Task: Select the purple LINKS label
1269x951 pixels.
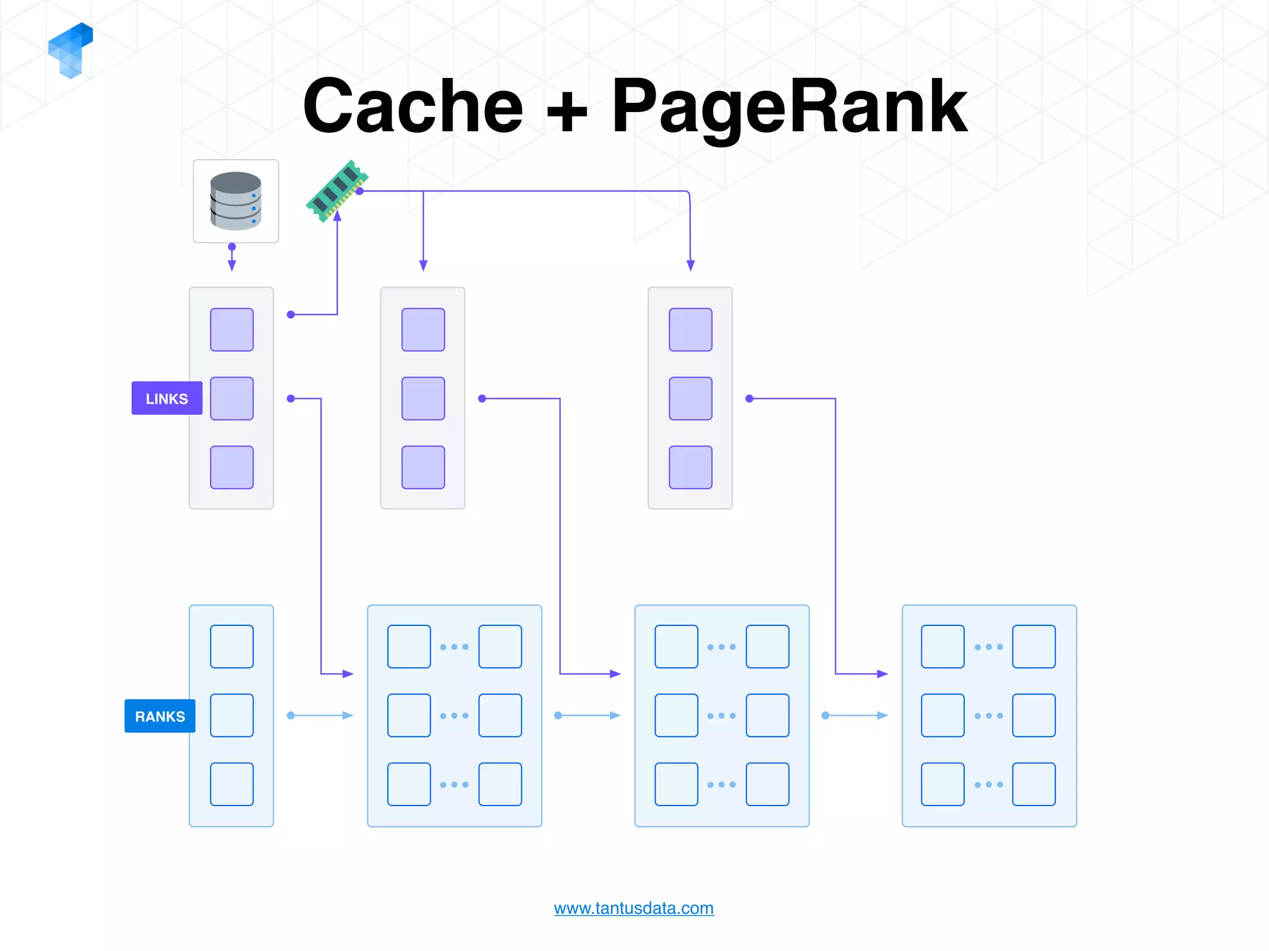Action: pyautogui.click(x=167, y=398)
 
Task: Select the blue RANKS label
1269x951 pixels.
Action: pyautogui.click(x=160, y=716)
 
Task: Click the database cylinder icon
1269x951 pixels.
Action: pyautogui.click(x=235, y=201)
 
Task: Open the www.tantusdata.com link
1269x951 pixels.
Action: pyautogui.click(x=633, y=908)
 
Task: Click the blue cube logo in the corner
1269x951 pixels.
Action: pyautogui.click(x=71, y=50)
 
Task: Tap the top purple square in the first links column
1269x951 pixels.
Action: pyautogui.click(x=232, y=329)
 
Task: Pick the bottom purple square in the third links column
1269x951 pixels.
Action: pyautogui.click(x=690, y=467)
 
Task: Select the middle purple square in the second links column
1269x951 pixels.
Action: pyautogui.click(x=423, y=398)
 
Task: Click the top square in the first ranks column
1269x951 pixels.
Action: pyautogui.click(x=232, y=646)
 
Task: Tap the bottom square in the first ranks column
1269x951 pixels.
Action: pyautogui.click(x=232, y=784)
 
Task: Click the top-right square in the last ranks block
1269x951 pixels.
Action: pyautogui.click(x=1034, y=646)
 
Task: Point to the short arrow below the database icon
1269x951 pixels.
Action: pyautogui.click(x=232, y=258)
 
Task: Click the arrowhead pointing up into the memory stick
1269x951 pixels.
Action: pyautogui.click(x=337, y=216)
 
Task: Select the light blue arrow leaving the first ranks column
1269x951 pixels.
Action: pyautogui.click(x=320, y=715)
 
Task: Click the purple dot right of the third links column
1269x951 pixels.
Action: pyautogui.click(x=749, y=398)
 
